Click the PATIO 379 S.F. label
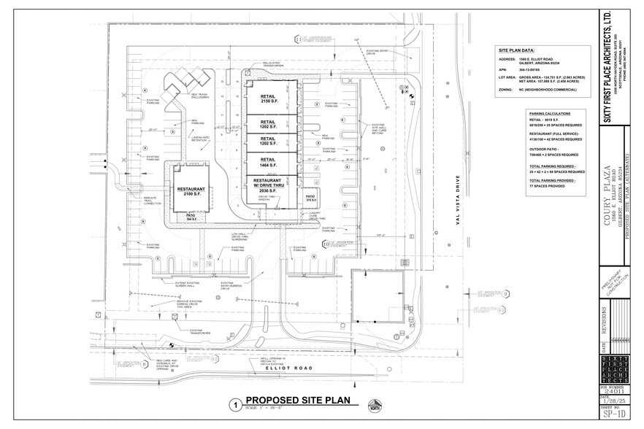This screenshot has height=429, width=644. [x=310, y=198]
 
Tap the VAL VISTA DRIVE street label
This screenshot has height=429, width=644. [x=458, y=204]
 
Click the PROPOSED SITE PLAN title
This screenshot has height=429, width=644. [x=297, y=400]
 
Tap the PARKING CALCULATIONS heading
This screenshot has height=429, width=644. [x=550, y=115]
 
